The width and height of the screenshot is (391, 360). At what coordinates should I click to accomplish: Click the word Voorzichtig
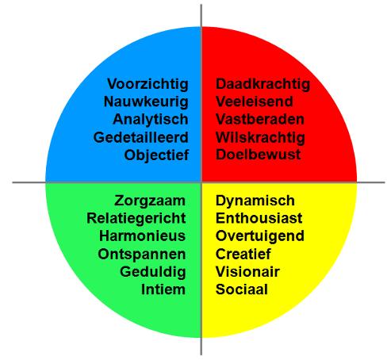148,85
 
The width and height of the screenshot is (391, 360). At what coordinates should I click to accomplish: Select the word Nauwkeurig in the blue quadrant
146,102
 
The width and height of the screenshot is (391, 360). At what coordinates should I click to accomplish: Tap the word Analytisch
151,120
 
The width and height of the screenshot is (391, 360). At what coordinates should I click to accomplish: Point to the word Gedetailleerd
140,137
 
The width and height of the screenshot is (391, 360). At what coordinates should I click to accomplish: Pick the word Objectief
156,155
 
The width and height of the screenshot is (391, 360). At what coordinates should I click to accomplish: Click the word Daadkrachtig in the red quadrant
263,85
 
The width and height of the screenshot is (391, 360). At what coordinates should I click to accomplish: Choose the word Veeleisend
255,101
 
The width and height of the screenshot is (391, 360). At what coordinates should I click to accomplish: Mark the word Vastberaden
260,120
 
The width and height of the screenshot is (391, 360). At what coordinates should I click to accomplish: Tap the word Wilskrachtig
260,138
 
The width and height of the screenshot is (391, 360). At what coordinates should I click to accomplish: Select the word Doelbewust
258,155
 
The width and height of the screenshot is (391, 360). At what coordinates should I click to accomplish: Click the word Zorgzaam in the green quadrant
150,201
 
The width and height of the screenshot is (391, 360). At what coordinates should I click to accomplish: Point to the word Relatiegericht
136,219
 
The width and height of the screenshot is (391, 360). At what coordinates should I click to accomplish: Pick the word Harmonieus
142,236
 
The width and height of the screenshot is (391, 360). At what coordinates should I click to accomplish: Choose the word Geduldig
153,272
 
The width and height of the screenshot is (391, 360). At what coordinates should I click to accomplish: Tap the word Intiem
163,289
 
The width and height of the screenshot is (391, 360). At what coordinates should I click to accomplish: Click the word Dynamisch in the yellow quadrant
255,201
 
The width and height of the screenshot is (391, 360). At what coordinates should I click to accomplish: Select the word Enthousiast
259,218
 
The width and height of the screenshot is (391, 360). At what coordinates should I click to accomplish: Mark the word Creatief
243,254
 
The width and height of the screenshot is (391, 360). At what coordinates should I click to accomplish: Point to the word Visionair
247,272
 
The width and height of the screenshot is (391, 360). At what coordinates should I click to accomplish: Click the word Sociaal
242,289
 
